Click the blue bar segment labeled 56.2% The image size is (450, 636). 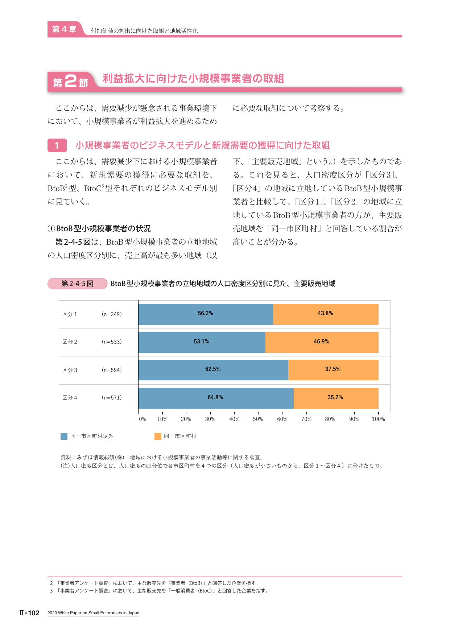(x=206, y=314)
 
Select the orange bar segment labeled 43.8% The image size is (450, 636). (x=326, y=314)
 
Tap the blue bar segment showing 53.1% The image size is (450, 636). (x=202, y=342)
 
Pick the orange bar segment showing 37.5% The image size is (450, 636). (x=333, y=370)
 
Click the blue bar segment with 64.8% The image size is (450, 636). (x=216, y=398)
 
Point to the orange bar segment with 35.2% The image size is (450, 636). (x=336, y=398)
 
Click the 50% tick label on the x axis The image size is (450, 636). (x=258, y=419)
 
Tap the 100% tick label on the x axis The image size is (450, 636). (x=379, y=419)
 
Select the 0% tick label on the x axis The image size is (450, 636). (x=143, y=419)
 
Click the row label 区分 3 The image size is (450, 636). (x=70, y=370)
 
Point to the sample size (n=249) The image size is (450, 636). (x=112, y=314)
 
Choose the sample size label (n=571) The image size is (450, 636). (x=112, y=398)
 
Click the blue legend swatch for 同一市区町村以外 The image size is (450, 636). (x=64, y=436)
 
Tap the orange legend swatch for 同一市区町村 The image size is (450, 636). (x=158, y=436)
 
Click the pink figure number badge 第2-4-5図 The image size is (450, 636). (x=78, y=284)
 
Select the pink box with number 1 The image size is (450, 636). (x=57, y=145)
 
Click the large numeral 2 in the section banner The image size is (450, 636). (x=71, y=81)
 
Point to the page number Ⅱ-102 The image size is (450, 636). (x=29, y=613)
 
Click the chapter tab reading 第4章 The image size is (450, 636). (x=64, y=29)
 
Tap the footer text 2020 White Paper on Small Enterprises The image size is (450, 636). (x=93, y=613)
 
